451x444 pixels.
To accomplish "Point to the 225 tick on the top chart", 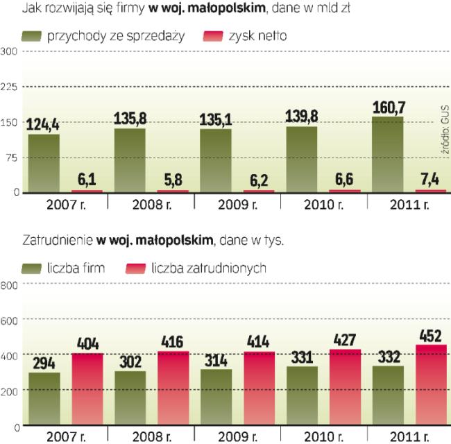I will click(x=9, y=86).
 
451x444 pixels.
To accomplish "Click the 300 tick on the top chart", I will click(x=9, y=51).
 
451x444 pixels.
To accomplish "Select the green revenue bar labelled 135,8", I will click(x=130, y=160).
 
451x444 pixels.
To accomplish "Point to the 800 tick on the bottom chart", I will click(x=9, y=284).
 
